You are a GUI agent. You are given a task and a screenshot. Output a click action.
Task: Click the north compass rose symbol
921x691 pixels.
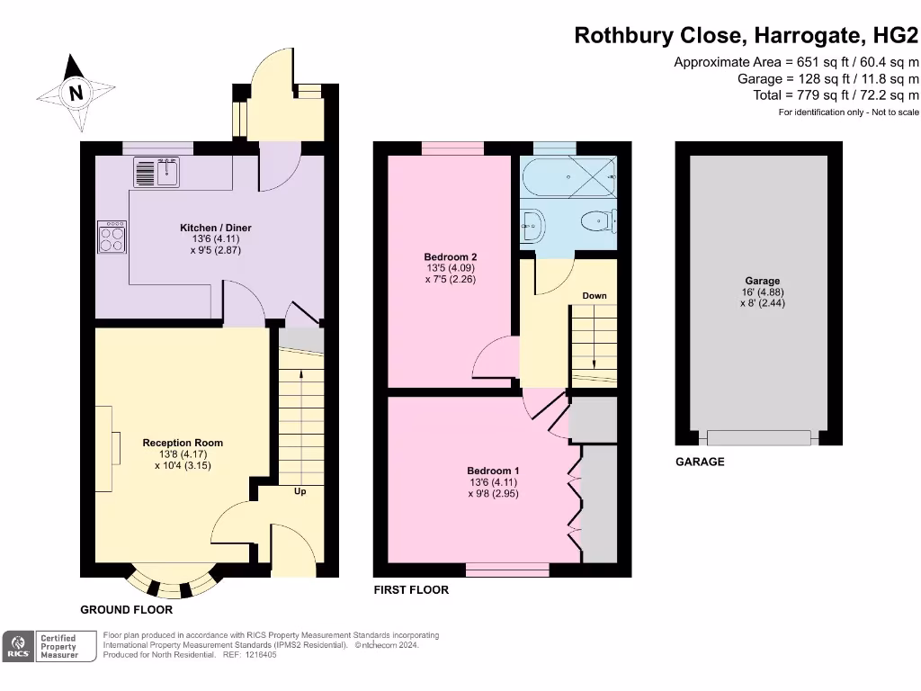[x=76, y=93]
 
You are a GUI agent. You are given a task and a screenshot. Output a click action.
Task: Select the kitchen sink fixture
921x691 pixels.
[x=158, y=172]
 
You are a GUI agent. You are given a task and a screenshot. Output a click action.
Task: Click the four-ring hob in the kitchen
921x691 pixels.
[x=112, y=238]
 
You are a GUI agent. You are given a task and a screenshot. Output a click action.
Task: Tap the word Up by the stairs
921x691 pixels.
[x=300, y=491]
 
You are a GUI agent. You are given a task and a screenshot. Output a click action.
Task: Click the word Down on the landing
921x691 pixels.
[x=594, y=296]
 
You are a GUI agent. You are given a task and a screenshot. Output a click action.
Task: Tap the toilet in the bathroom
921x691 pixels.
[x=599, y=221]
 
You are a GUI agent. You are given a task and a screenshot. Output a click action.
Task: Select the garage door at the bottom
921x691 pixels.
[x=760, y=438]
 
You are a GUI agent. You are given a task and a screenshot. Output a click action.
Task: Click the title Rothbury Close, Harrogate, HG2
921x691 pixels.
[x=747, y=36]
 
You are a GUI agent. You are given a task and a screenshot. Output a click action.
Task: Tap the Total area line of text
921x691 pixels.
[x=836, y=94]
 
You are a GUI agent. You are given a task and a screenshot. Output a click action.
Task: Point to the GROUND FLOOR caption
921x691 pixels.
[x=126, y=610]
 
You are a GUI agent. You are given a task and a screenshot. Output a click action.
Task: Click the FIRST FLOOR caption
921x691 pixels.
[x=411, y=590]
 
